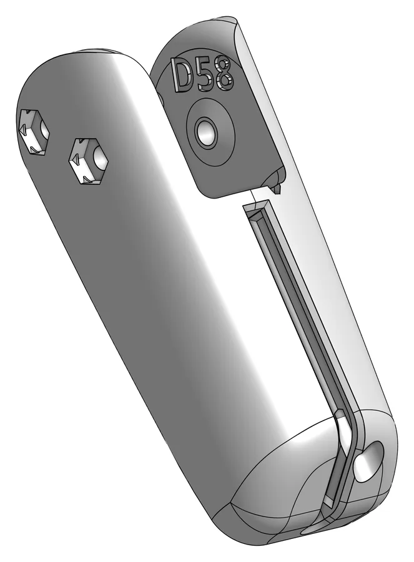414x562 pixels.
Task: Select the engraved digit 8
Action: tap(224, 75)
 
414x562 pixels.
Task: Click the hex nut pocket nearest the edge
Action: tap(32, 132)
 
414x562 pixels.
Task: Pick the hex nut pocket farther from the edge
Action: tap(88, 161)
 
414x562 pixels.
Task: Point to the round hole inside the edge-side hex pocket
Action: tap(44, 131)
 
